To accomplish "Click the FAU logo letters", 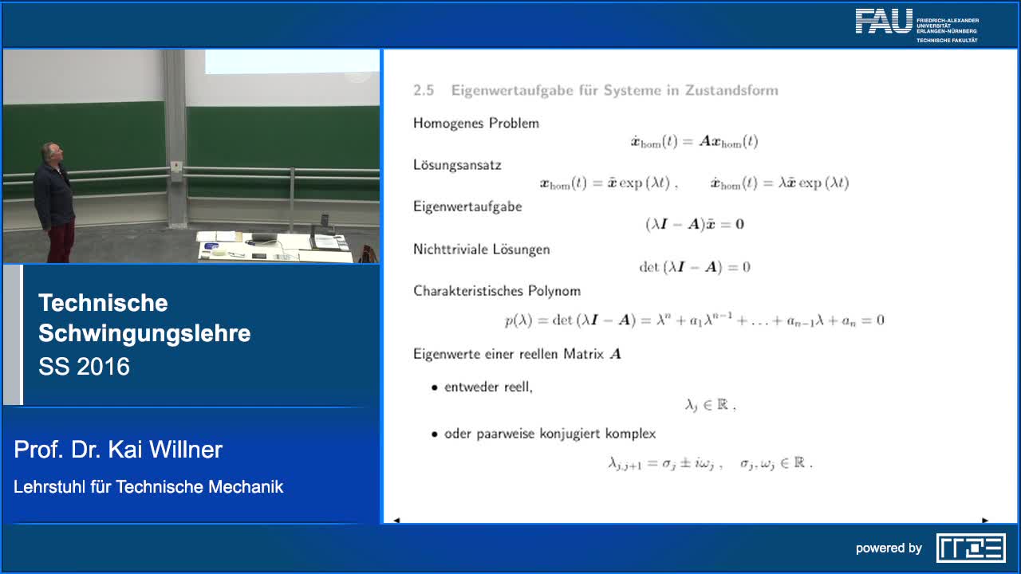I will [883, 22].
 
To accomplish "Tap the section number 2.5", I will [424, 90].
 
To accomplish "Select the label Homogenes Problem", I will [476, 123].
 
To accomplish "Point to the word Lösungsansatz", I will [457, 165].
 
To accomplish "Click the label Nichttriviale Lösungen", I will [482, 249].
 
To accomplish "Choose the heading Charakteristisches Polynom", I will [497, 291].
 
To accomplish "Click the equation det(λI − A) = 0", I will [694, 267].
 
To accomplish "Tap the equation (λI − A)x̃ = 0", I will [694, 224].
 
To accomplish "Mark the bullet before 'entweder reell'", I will [435, 387].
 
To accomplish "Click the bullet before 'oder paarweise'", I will [435, 434].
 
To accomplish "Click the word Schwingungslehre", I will [144, 333].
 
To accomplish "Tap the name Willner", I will [186, 450].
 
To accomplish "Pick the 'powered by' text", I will [889, 548].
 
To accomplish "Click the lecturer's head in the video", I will [52, 152].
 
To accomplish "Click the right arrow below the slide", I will [985, 520].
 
